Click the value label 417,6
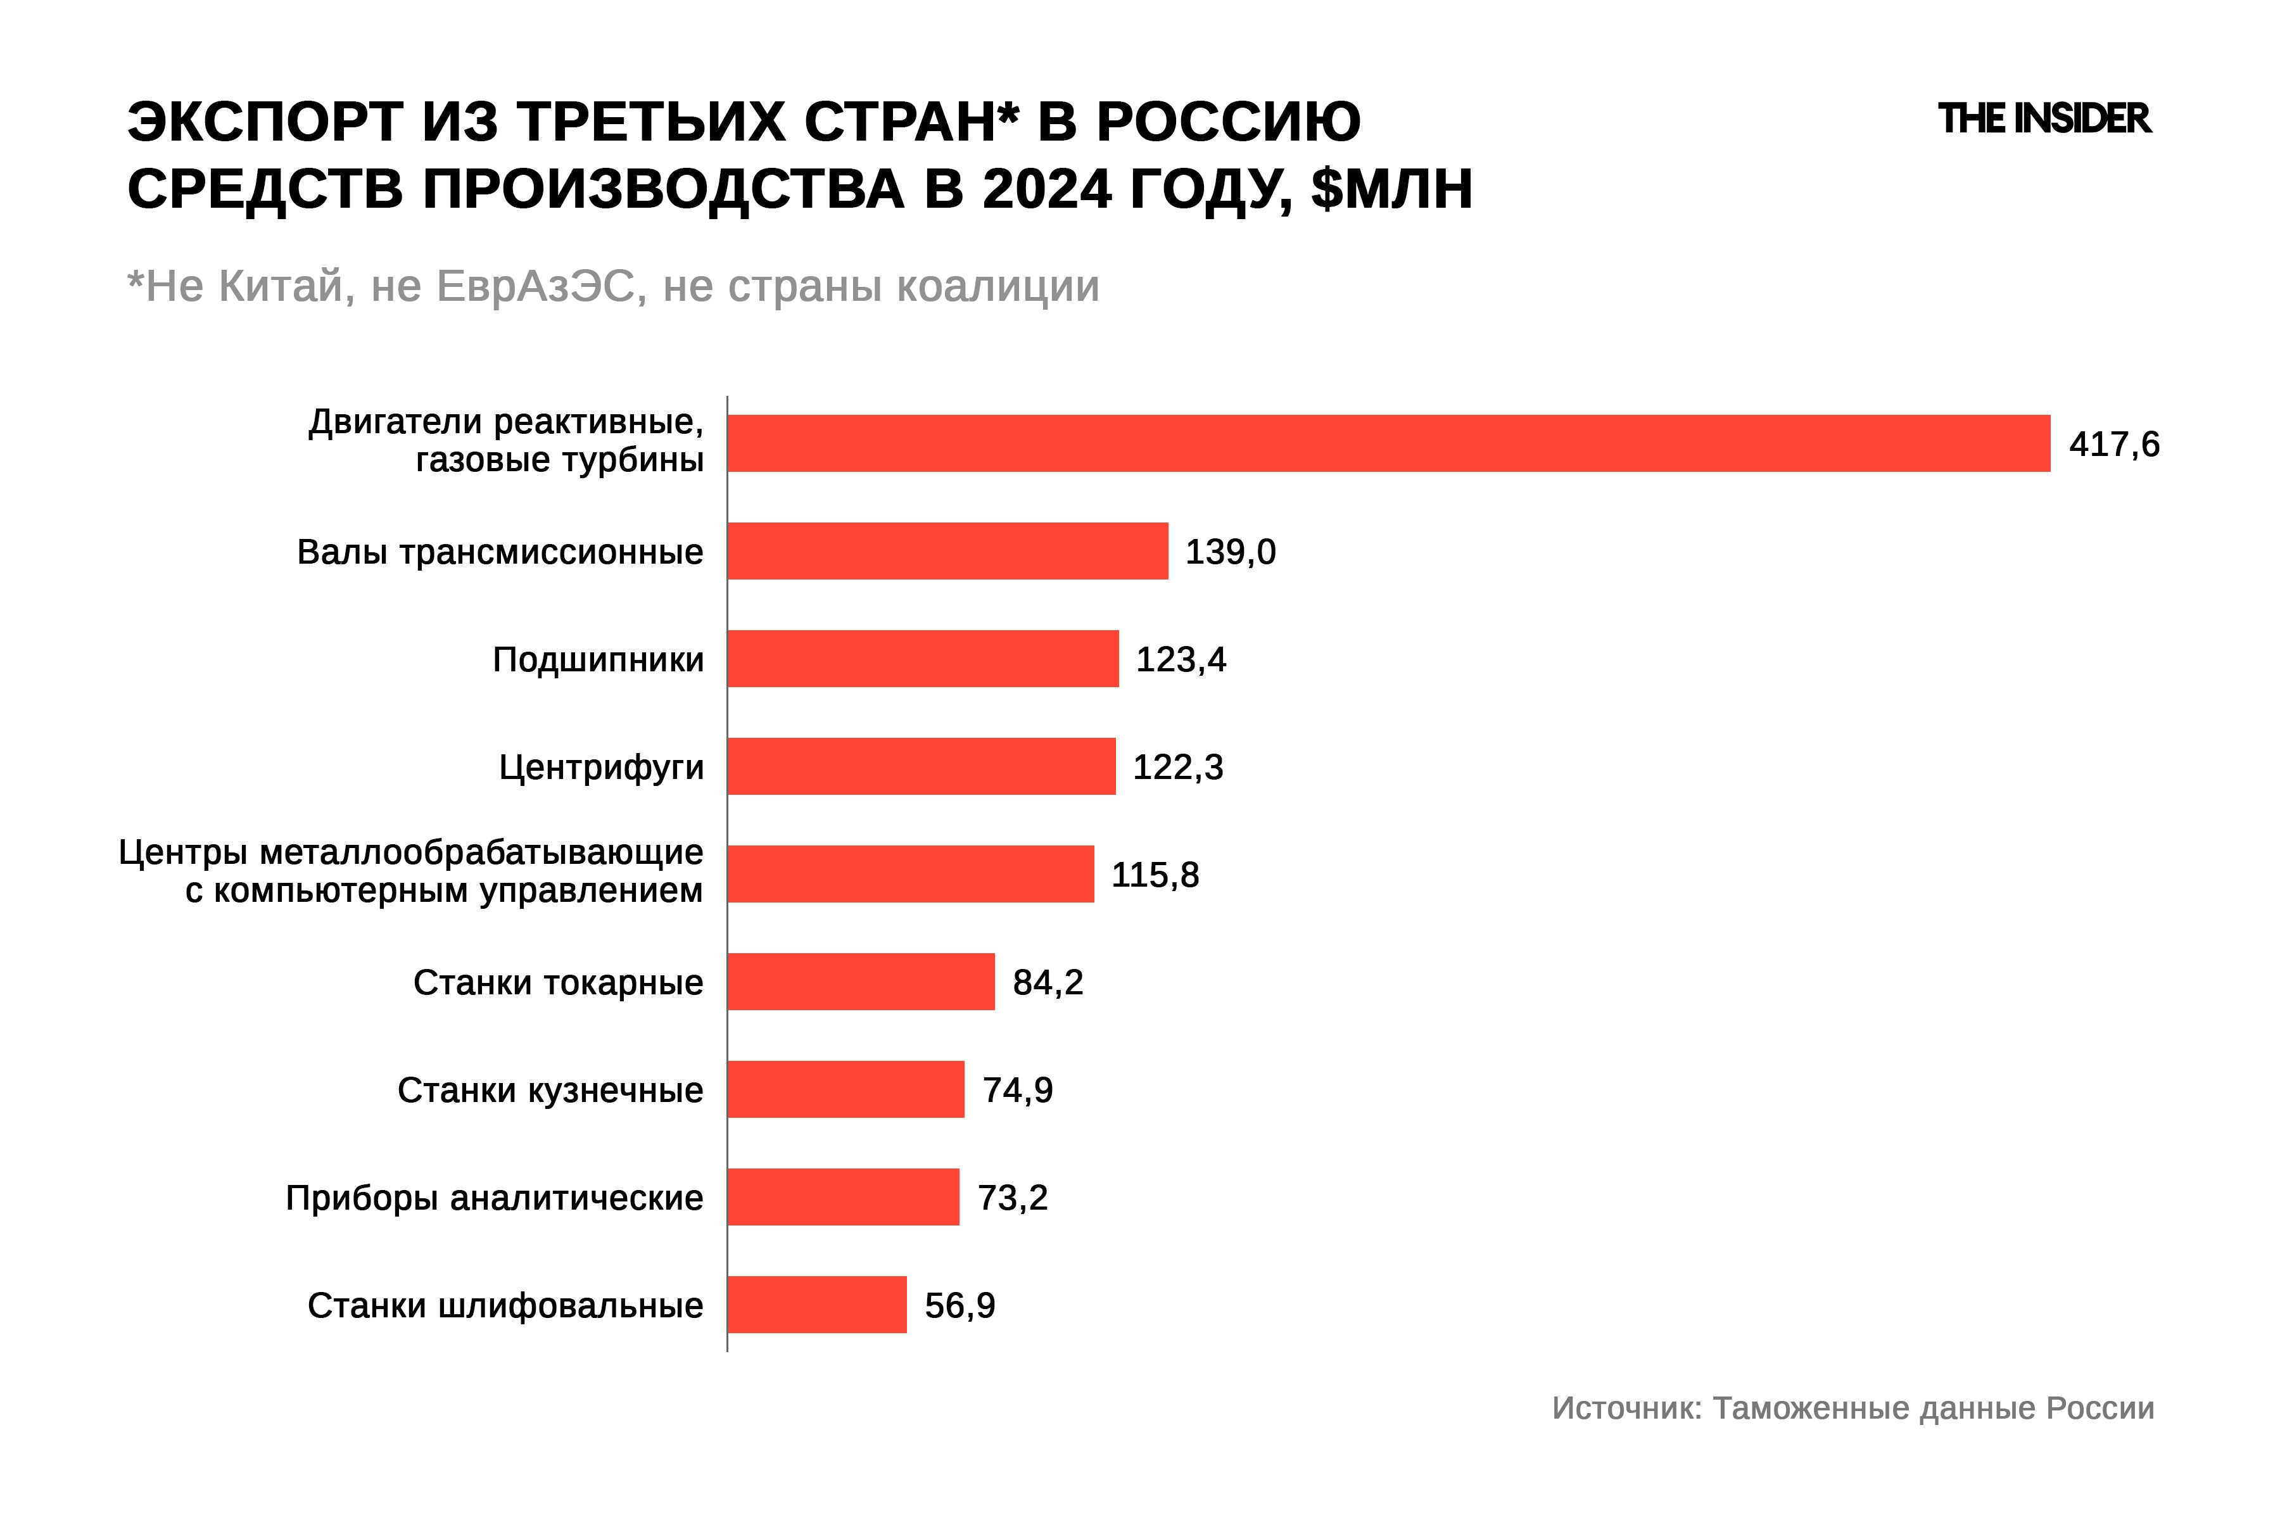(x=2113, y=444)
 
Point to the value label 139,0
(x=1230, y=552)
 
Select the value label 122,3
(x=1178, y=767)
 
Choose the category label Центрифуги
(x=601, y=767)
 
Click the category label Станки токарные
(x=557, y=982)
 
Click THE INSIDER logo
(x=2044, y=118)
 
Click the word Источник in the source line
(x=1626, y=1407)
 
